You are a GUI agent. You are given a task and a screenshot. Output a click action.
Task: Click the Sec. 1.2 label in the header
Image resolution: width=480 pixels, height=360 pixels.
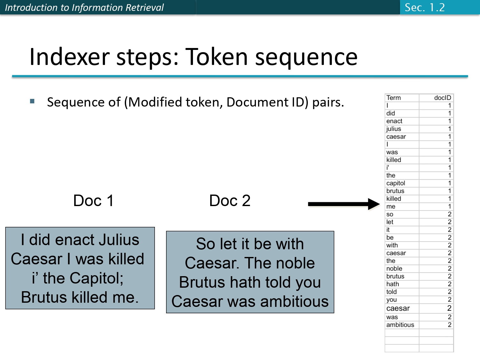tap(425, 7)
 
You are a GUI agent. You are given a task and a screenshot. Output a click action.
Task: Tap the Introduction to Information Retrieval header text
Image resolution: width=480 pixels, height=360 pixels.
tap(84, 7)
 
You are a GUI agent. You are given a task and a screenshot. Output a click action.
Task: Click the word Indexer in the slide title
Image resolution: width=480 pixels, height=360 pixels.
tap(69, 57)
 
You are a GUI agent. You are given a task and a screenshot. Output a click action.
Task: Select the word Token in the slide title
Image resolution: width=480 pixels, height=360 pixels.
tap(217, 57)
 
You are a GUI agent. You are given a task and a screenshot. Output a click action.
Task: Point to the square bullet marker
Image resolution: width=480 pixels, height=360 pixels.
tap(32, 101)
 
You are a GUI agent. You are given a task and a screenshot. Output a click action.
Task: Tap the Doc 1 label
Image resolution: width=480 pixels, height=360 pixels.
tap(93, 201)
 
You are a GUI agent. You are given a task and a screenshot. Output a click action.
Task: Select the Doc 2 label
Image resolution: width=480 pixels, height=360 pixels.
tap(229, 201)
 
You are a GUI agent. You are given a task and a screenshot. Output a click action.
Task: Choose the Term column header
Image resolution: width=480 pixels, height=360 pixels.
tap(393, 98)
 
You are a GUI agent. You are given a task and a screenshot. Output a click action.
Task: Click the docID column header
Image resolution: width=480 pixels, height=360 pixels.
tap(442, 98)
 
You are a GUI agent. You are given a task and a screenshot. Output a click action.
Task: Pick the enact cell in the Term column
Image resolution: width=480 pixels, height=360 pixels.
tap(394, 121)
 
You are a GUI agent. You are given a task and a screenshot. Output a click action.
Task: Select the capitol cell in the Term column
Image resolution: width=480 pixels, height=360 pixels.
tap(396, 183)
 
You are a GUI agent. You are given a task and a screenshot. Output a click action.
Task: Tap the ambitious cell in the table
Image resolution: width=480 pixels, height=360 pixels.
tap(400, 325)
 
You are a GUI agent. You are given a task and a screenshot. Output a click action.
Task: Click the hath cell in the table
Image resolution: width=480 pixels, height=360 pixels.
tap(392, 284)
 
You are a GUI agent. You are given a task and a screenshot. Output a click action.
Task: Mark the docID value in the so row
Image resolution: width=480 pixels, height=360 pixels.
tap(449, 214)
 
